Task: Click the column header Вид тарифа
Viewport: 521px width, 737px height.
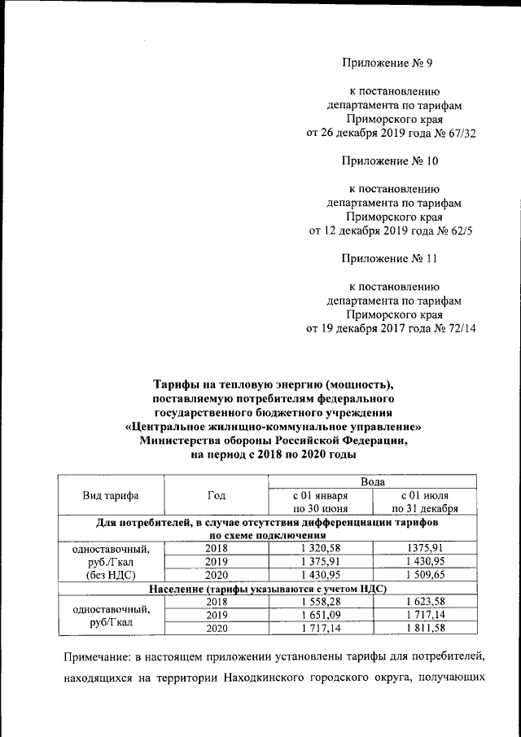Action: coord(111,496)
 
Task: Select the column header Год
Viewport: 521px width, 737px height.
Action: coord(216,496)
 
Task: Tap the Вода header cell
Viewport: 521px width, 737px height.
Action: coord(371,482)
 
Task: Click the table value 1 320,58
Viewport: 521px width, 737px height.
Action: coord(319,548)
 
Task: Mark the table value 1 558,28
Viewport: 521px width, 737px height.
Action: coord(319,601)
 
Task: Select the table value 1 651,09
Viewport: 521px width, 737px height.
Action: coord(319,614)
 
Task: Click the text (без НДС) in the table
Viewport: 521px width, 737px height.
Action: coord(111,574)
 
